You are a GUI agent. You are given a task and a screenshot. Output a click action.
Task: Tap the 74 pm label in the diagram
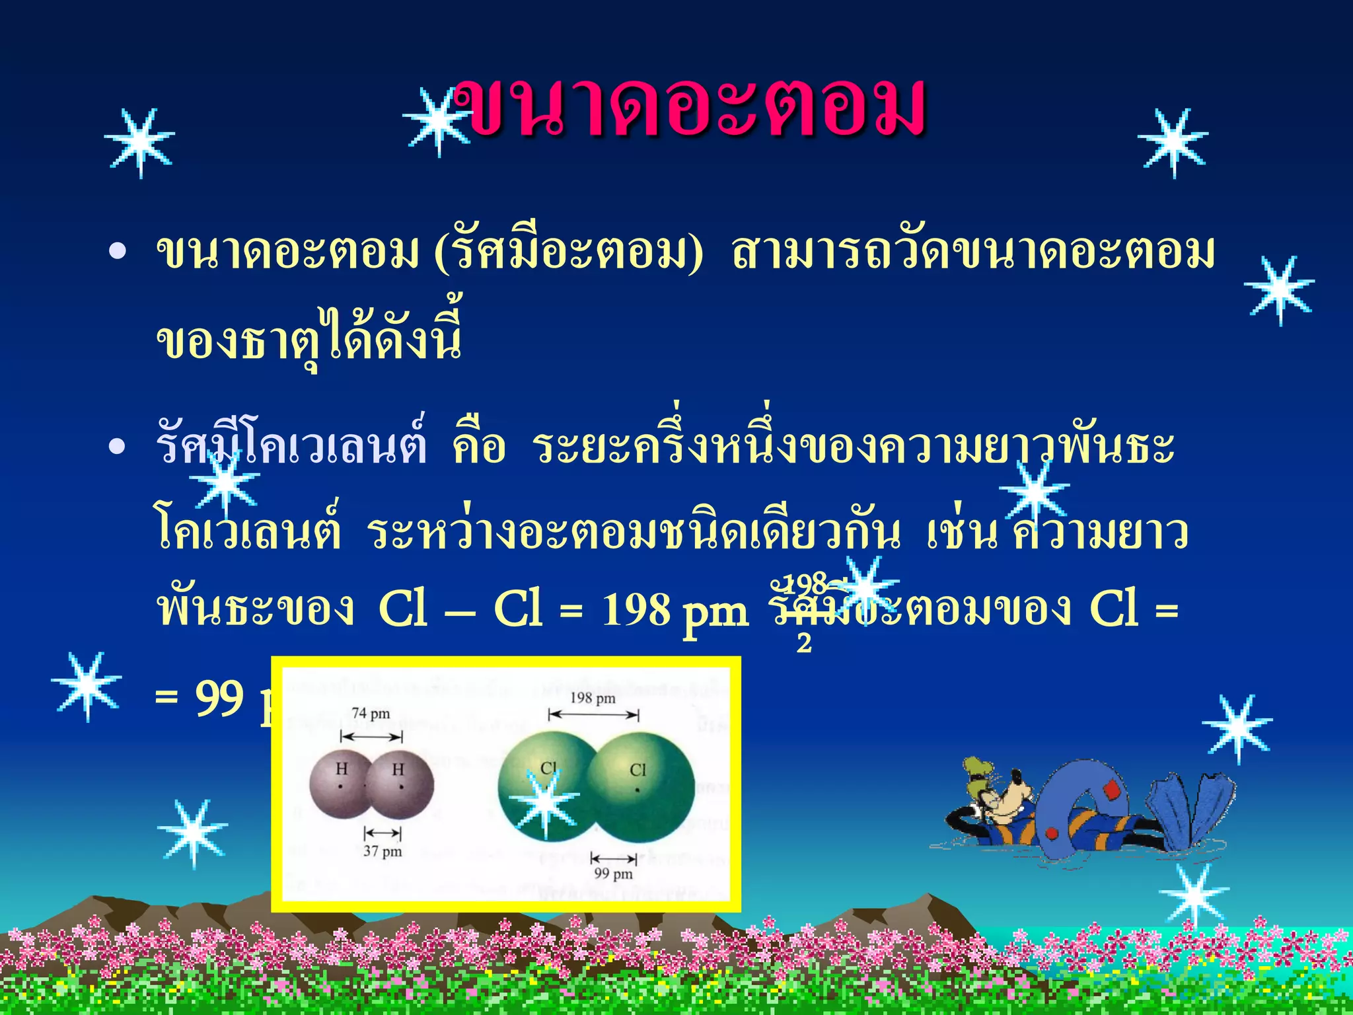click(x=371, y=714)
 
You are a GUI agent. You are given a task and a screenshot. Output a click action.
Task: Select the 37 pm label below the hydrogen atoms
click(x=383, y=851)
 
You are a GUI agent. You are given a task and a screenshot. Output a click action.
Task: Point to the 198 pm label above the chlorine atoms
click(x=593, y=698)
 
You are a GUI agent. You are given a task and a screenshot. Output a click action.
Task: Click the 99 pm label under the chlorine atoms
click(x=613, y=874)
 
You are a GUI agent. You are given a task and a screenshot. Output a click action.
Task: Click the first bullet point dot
click(x=117, y=252)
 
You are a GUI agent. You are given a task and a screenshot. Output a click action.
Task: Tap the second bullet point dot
click(x=117, y=447)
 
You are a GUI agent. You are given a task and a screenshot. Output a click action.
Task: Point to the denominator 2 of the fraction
click(x=804, y=642)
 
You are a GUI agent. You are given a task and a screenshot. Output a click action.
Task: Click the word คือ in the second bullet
click(x=479, y=447)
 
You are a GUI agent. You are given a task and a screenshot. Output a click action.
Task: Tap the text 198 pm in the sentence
click(x=675, y=610)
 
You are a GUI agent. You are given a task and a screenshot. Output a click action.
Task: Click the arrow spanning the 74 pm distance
click(x=371, y=737)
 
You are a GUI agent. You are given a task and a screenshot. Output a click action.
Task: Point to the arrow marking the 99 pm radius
click(x=614, y=858)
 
